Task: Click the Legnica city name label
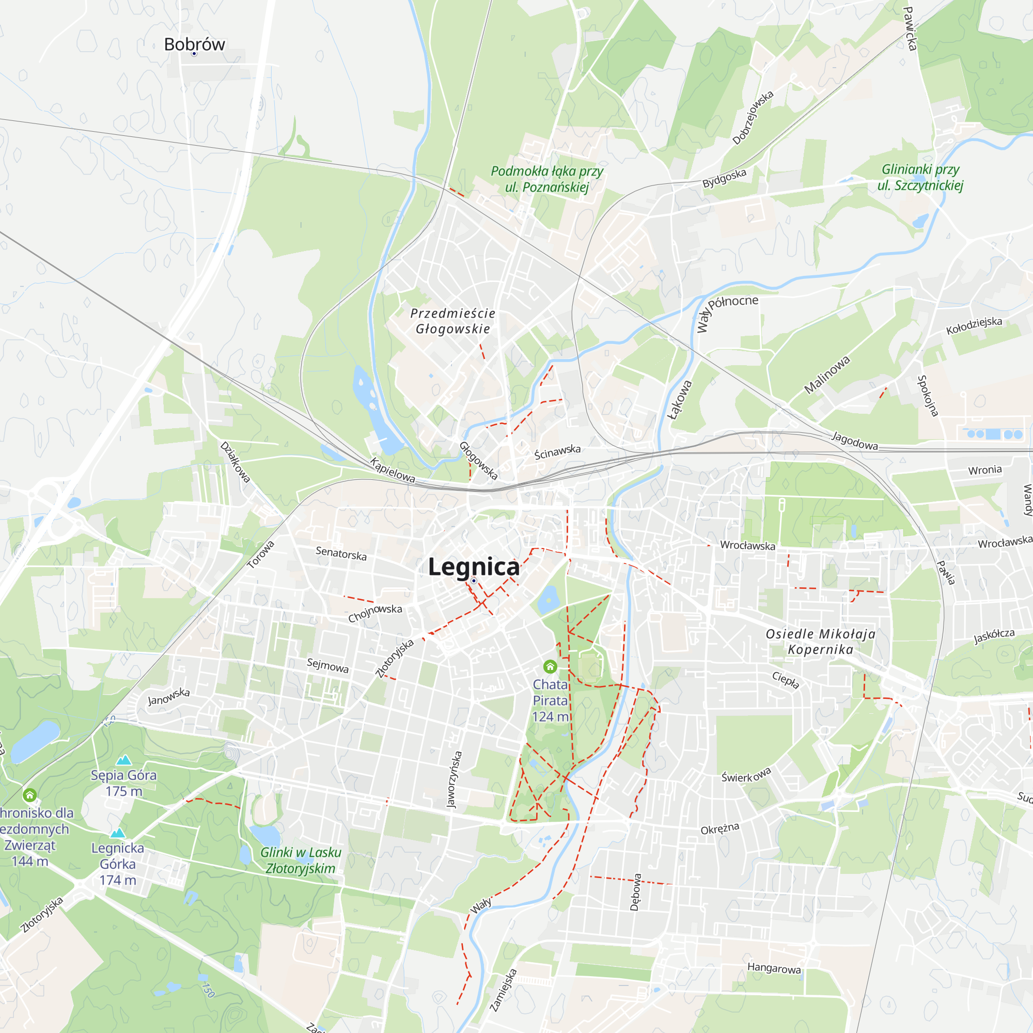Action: (474, 567)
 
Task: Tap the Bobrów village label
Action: (194, 44)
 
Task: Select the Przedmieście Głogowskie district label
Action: (453, 321)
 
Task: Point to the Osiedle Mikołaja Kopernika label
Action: (820, 641)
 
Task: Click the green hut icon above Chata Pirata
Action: (550, 666)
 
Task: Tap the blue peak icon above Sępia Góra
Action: (124, 760)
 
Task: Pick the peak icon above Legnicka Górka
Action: (118, 833)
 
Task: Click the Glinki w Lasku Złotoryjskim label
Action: (301, 860)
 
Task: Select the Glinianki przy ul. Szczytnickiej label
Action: (920, 178)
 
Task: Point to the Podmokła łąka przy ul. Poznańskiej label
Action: (546, 179)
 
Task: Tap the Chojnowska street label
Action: (375, 613)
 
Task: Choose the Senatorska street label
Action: (341, 553)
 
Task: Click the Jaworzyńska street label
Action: (454, 779)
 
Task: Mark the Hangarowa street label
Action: (774, 968)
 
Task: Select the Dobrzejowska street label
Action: (753, 118)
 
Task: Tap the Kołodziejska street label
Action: (974, 325)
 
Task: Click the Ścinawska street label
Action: (558, 452)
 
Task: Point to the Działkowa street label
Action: (235, 462)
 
